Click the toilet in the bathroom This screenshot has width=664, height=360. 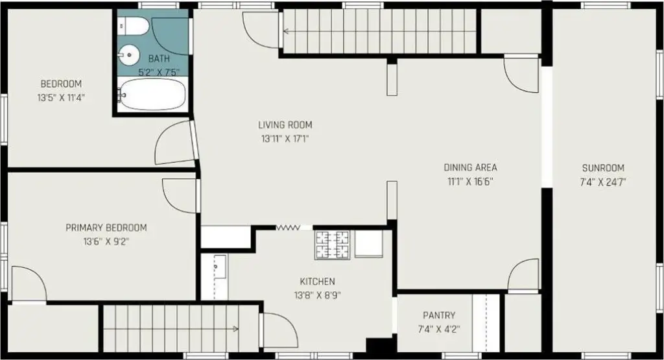point(133,27)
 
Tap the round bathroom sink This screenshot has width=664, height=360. point(129,54)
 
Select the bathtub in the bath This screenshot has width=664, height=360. point(152,95)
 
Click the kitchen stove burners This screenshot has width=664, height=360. point(332,245)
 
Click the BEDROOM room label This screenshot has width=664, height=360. point(61,84)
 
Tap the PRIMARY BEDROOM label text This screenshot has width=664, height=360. point(106,228)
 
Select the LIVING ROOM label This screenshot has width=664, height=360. point(285,125)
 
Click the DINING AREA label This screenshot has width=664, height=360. point(471,167)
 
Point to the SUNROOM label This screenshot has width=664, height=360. point(603,168)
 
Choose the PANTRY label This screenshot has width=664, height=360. point(439,315)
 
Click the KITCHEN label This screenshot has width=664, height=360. point(318,282)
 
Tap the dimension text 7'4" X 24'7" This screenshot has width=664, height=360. point(603,182)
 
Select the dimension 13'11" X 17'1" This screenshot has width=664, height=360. point(285,139)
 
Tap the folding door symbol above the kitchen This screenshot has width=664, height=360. point(288,228)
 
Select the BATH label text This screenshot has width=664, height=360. point(159,58)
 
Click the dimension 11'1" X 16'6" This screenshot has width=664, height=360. point(471,182)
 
